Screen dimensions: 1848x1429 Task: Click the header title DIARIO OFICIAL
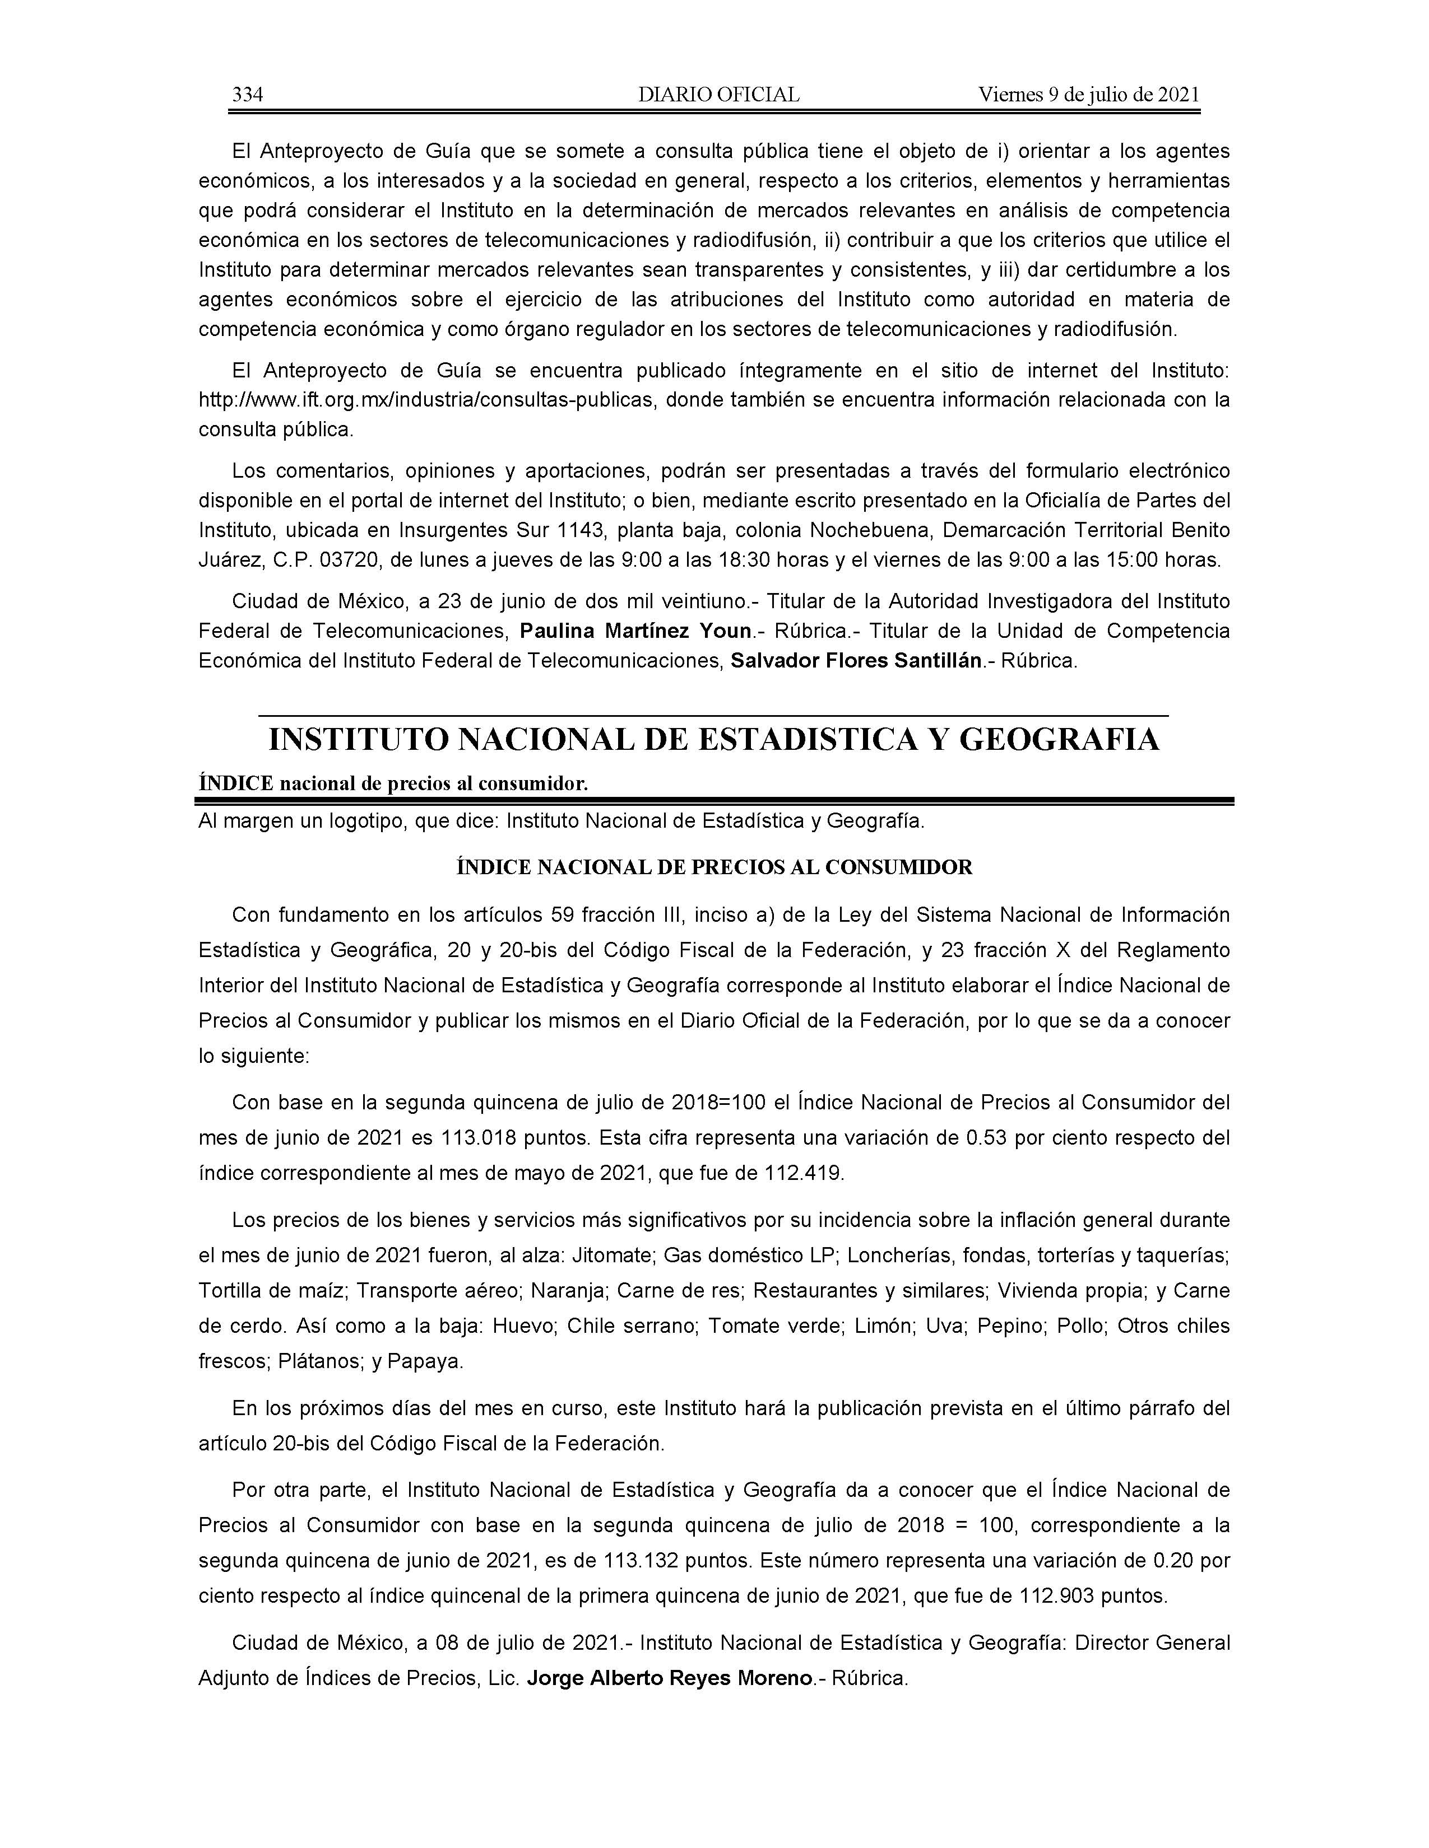tap(719, 95)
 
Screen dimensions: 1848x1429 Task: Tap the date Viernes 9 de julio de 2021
tap(1089, 95)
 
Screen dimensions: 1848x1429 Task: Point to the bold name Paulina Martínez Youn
tap(636, 631)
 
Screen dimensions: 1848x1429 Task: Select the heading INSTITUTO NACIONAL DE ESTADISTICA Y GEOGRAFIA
tap(713, 740)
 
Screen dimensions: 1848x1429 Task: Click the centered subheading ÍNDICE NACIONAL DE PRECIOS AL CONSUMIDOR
tap(713, 867)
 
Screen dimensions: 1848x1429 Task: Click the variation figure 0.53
tap(986, 1137)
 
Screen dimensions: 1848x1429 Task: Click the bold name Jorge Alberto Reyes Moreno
tap(669, 1678)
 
